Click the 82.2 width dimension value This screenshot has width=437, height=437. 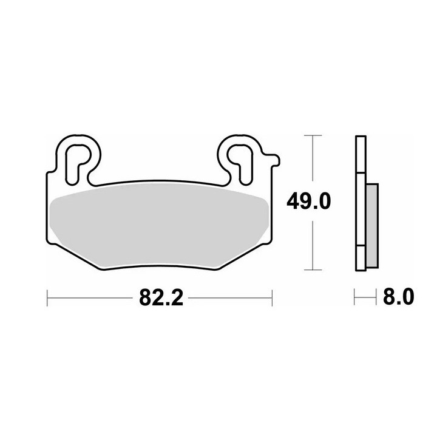click(161, 297)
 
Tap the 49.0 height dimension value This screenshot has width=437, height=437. click(308, 202)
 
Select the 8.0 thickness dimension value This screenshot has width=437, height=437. click(399, 297)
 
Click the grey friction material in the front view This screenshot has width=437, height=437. click(159, 226)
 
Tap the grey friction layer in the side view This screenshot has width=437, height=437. click(372, 226)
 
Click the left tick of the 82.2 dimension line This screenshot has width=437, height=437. click(47, 298)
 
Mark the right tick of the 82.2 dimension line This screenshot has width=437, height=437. click(272, 298)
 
